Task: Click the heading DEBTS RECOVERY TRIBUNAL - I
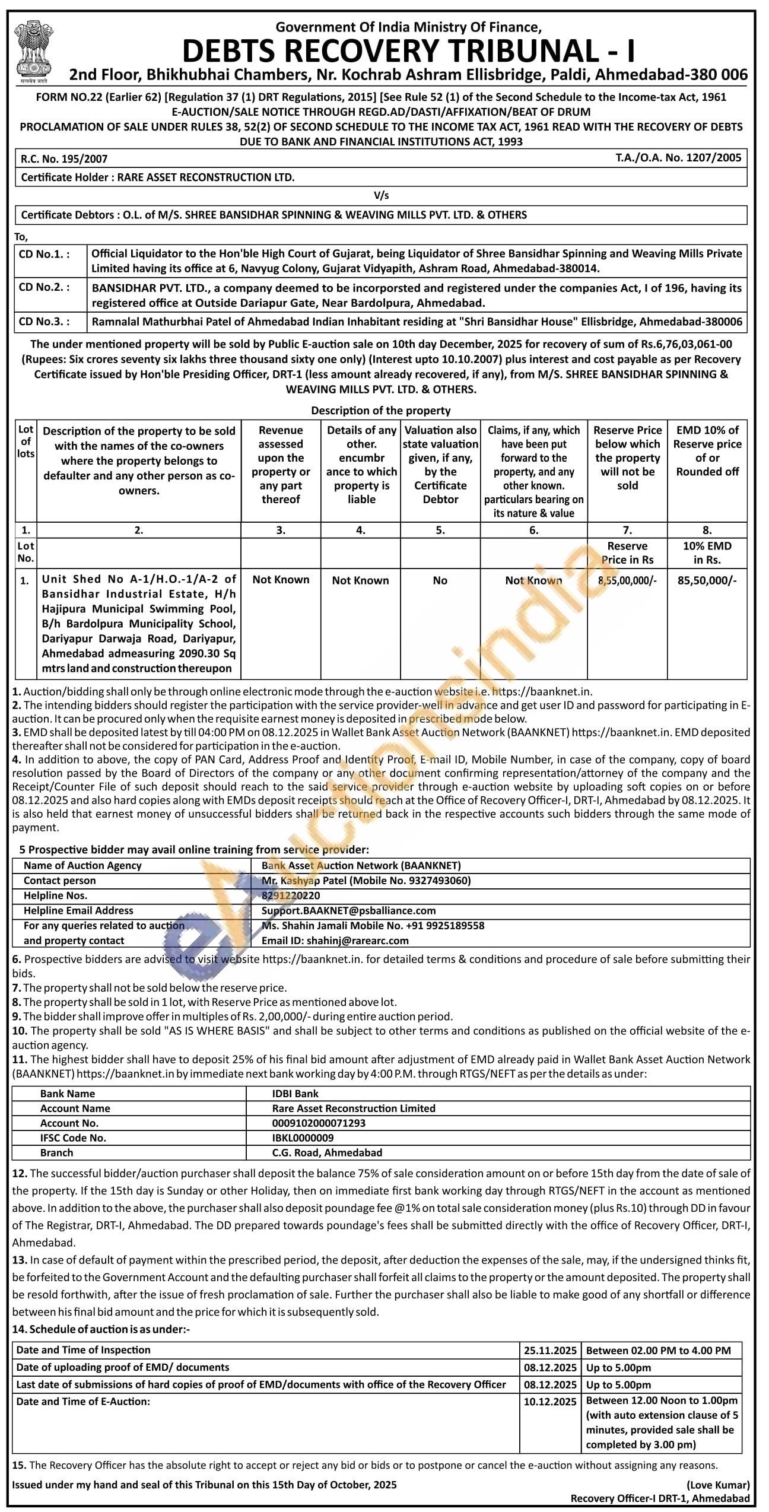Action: [408, 51]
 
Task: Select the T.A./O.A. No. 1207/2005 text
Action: [678, 158]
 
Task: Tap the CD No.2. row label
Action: [45, 288]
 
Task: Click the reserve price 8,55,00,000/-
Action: [627, 581]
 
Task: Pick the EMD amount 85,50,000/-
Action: [707, 581]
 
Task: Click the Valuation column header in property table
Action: [440, 465]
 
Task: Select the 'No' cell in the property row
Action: [440, 581]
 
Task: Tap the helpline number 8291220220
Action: [290, 895]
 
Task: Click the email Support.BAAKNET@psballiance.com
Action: [348, 910]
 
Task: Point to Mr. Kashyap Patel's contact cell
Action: [366, 881]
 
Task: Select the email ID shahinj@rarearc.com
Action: [335, 941]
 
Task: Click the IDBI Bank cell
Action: [290, 1094]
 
